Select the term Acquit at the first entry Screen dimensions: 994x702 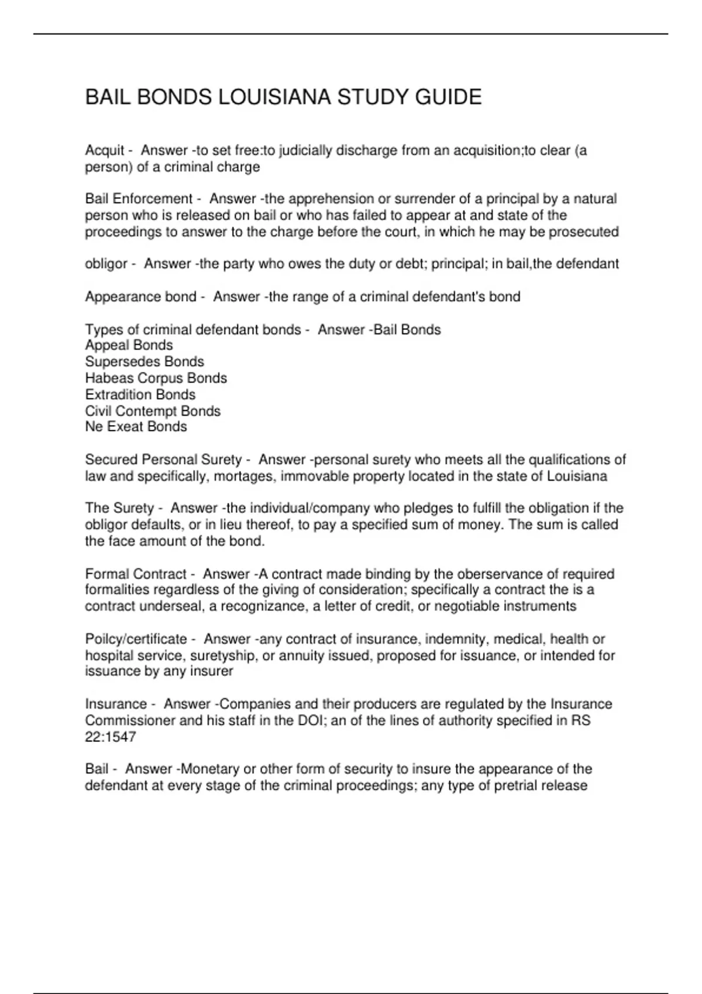pyautogui.click(x=105, y=151)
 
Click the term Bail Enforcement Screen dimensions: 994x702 pyautogui.click(x=139, y=199)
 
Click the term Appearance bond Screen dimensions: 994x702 pyautogui.click(x=140, y=297)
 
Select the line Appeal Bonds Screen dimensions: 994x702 pyautogui.click(x=129, y=346)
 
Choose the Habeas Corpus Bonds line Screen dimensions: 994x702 pyautogui.click(x=156, y=378)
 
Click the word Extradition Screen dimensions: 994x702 pyautogui.click(x=118, y=395)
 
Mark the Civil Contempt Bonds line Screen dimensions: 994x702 pyautogui.click(x=153, y=411)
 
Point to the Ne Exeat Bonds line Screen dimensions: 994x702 pyautogui.click(x=136, y=427)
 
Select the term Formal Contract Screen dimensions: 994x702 pyautogui.click(x=136, y=574)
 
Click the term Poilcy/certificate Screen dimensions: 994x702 pyautogui.click(x=136, y=639)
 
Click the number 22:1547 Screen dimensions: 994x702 pyautogui.click(x=111, y=737)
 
